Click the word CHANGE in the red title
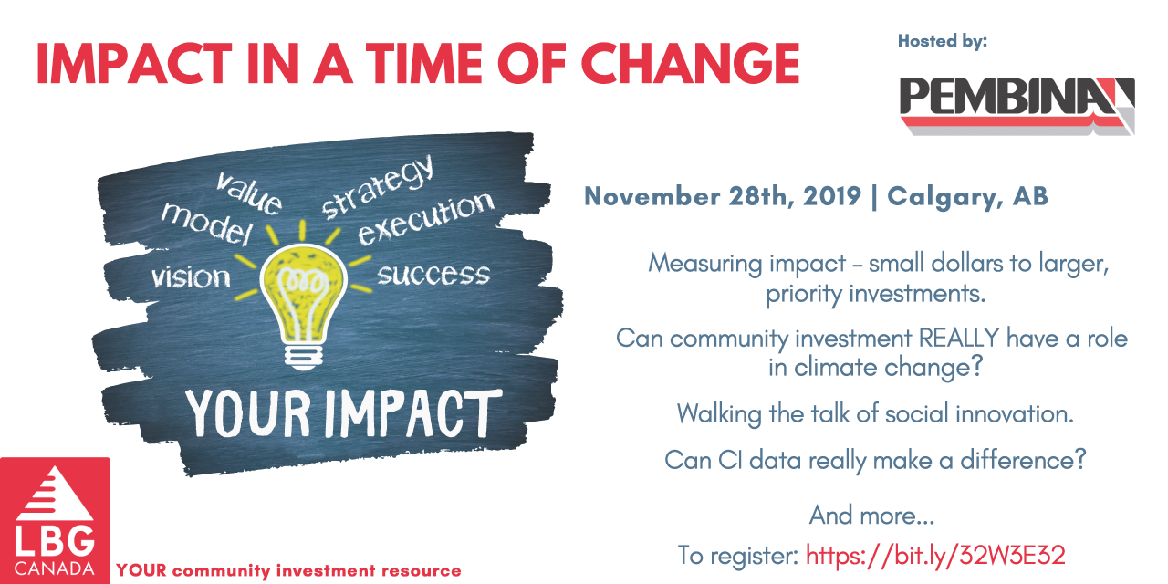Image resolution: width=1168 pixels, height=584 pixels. coord(691,64)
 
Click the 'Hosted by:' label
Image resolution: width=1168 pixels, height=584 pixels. coord(943,41)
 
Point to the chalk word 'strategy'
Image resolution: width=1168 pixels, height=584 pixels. coord(378,188)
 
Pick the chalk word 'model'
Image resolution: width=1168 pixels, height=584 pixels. coord(207,224)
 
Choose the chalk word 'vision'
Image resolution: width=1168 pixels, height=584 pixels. coord(191,276)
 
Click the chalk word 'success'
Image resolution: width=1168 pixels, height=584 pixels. coord(433,275)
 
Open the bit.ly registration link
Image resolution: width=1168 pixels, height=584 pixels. coord(935,555)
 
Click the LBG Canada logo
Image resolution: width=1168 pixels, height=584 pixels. coord(55,520)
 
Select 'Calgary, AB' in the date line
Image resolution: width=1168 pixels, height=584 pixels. coord(968,197)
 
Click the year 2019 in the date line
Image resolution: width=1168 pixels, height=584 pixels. coord(831,196)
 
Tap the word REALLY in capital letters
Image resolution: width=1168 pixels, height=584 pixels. coord(959,338)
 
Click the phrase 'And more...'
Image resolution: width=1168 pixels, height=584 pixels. coord(871,516)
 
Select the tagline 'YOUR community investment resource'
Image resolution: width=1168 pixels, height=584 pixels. coord(289,570)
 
